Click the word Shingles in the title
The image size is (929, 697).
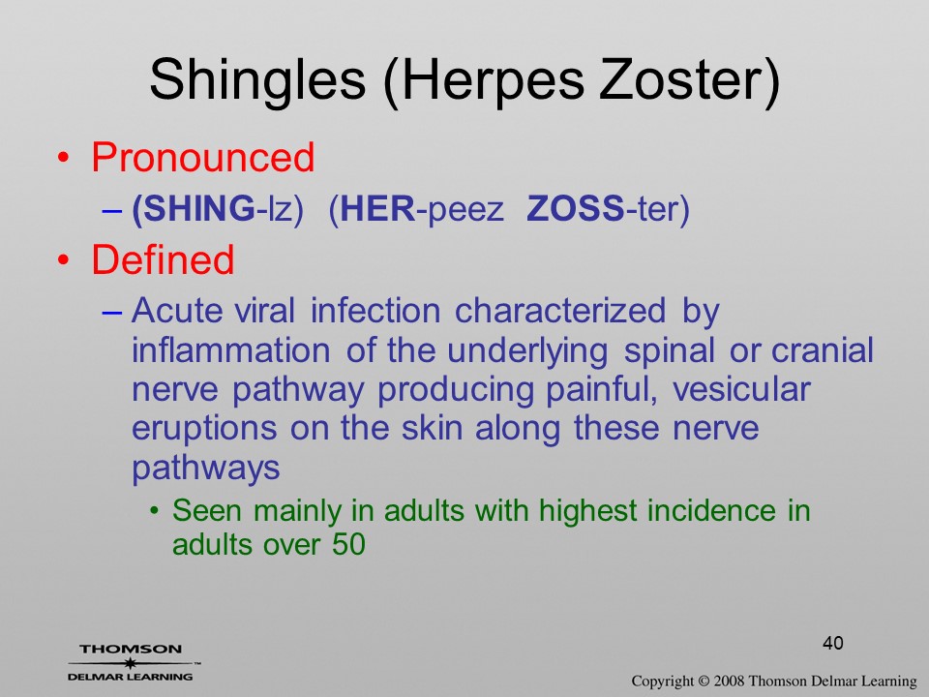[x=257, y=80]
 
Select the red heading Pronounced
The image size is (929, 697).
[x=202, y=157]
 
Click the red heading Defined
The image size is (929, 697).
[x=163, y=259]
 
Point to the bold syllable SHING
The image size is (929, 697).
[x=198, y=209]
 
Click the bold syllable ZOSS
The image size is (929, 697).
[x=575, y=209]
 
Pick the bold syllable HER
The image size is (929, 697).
[x=378, y=209]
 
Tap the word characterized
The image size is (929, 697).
[x=560, y=310]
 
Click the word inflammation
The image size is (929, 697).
[x=231, y=349]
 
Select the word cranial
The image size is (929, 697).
[x=823, y=349]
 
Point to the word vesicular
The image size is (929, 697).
[x=742, y=389]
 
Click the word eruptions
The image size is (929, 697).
[x=204, y=429]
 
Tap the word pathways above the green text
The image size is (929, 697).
[x=205, y=469]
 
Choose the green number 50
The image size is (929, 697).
[x=348, y=544]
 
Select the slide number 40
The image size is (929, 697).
[x=833, y=643]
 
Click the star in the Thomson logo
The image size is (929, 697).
[x=130, y=663]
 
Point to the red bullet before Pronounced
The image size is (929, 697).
[x=64, y=158]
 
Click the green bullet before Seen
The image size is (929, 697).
[x=155, y=511]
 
